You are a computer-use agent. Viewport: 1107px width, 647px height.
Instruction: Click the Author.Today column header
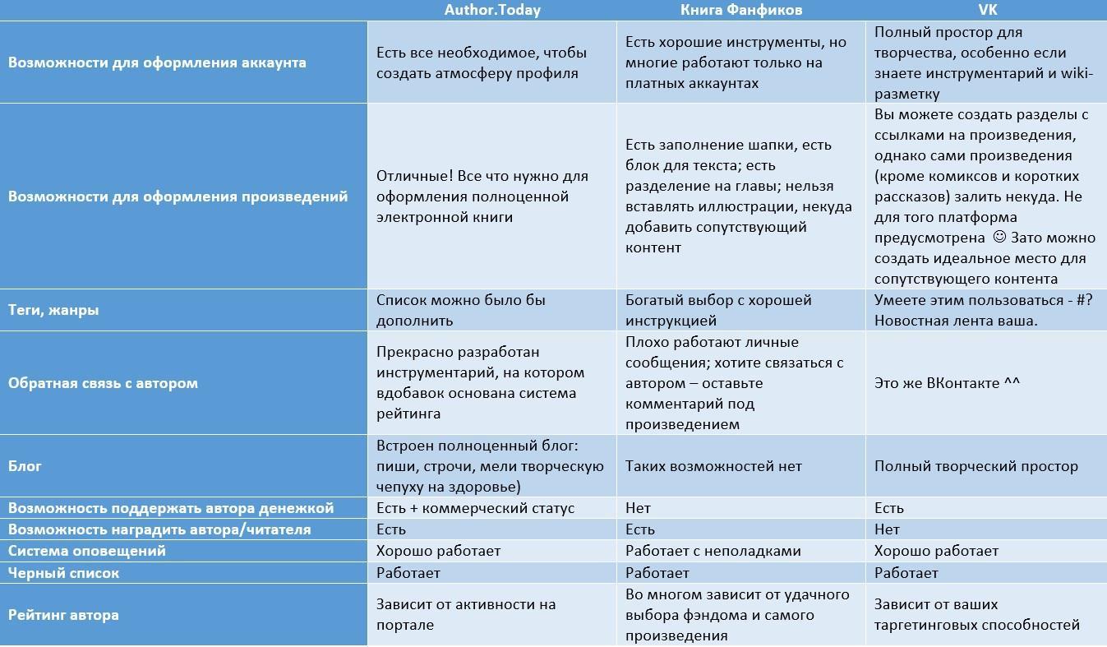pyautogui.click(x=492, y=10)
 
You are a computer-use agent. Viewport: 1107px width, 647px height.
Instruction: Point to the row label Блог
pyautogui.click(x=25, y=466)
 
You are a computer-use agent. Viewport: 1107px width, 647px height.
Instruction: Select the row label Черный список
pyautogui.click(x=63, y=573)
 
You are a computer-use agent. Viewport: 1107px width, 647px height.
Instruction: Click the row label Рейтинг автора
pyautogui.click(x=63, y=615)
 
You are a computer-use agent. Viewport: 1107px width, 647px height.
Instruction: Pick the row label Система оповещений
pyautogui.click(x=87, y=551)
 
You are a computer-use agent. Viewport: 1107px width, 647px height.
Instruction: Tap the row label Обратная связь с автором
pyautogui.click(x=103, y=383)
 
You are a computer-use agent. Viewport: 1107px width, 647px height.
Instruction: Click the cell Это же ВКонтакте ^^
pyautogui.click(x=947, y=383)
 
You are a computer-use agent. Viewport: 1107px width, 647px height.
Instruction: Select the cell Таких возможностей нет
pyautogui.click(x=713, y=466)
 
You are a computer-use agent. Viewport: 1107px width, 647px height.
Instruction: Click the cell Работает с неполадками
pyautogui.click(x=713, y=551)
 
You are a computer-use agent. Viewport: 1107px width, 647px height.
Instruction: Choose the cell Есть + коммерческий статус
pyautogui.click(x=475, y=508)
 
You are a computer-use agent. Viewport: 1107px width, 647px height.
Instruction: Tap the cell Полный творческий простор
pyautogui.click(x=976, y=466)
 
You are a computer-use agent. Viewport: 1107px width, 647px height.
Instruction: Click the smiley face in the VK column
pyautogui.click(x=999, y=238)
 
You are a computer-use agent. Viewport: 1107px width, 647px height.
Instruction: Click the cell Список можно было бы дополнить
pyautogui.click(x=460, y=310)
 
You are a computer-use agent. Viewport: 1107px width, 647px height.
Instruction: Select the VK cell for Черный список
pyautogui.click(x=906, y=573)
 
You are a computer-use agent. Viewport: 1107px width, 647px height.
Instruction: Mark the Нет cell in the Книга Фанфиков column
pyautogui.click(x=638, y=508)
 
